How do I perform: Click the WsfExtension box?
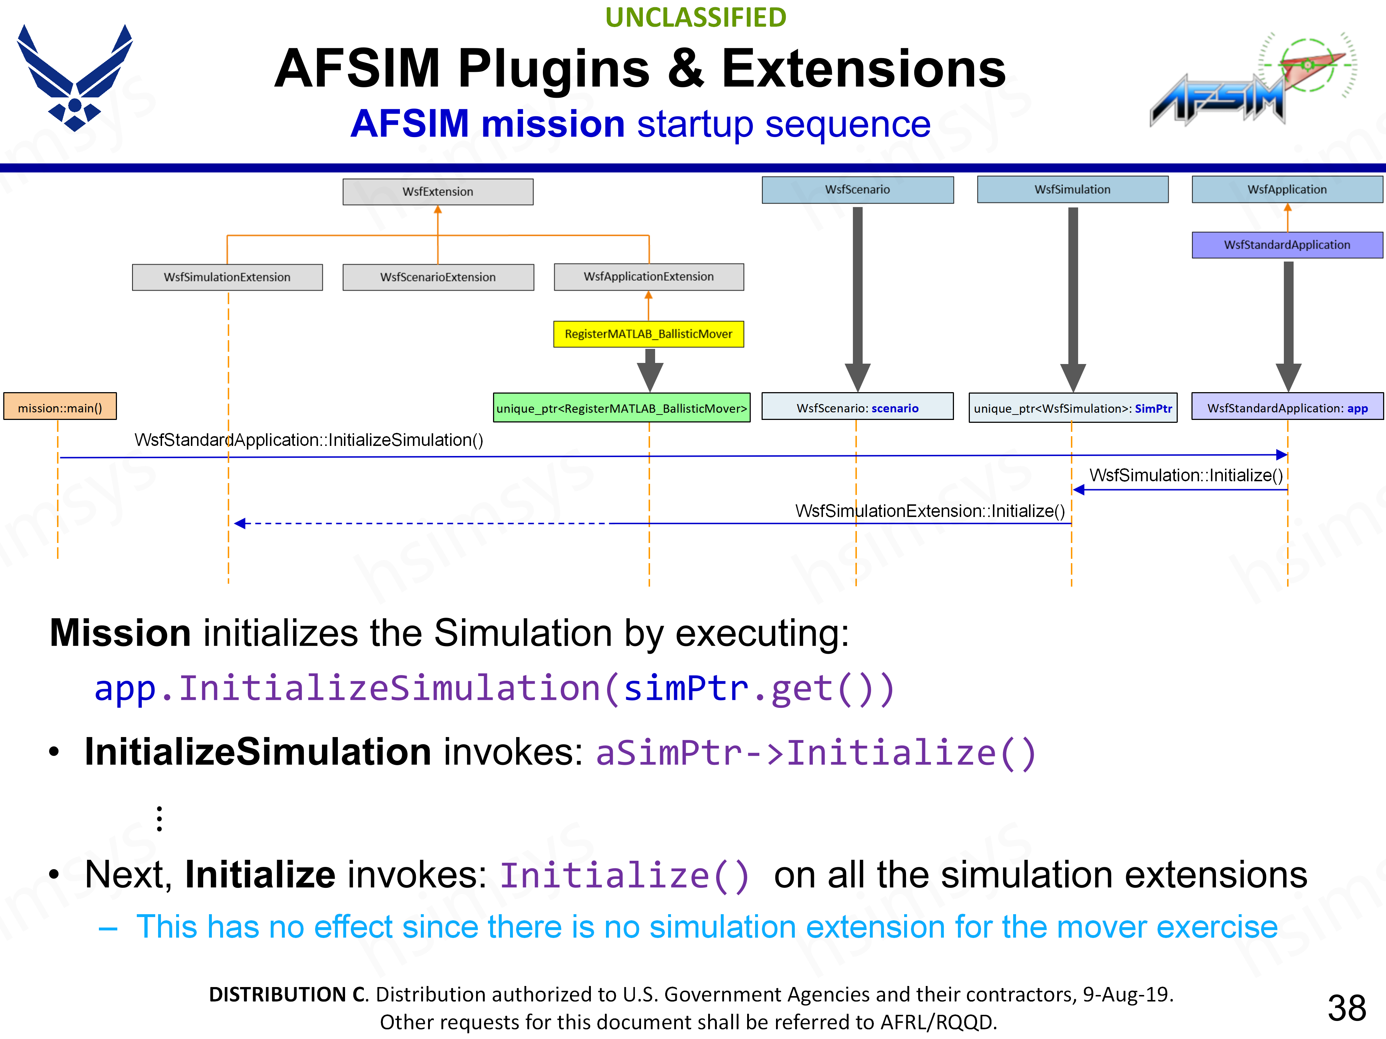point(438,192)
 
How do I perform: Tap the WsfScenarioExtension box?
point(438,277)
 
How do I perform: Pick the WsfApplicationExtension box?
point(649,276)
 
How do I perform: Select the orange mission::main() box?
point(60,408)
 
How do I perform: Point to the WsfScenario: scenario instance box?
point(857,408)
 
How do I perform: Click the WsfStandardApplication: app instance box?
point(1287,408)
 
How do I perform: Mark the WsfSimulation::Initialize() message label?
point(1185,475)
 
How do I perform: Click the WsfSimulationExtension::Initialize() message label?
point(930,511)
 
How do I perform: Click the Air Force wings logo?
point(75,78)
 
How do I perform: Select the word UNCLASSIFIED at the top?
point(696,18)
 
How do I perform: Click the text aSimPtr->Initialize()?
point(816,753)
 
